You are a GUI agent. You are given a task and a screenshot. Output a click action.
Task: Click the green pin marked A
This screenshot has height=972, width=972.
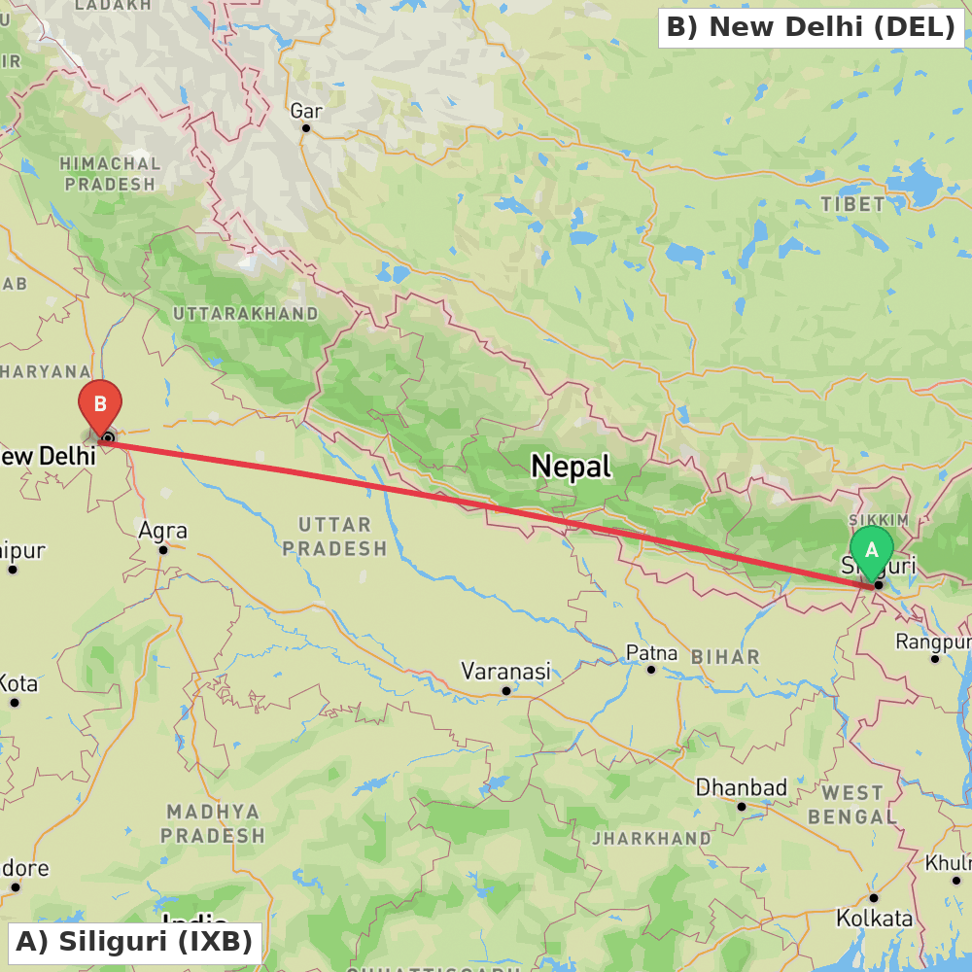[871, 549]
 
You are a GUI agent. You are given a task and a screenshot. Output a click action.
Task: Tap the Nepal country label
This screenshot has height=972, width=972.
[571, 467]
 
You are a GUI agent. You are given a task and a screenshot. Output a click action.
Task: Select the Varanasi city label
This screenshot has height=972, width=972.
[505, 671]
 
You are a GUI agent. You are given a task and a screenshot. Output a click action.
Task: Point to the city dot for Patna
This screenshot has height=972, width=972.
[651, 670]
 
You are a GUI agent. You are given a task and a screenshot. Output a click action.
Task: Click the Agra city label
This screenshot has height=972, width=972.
[162, 531]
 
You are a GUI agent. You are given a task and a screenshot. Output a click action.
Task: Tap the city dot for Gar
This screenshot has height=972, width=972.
[306, 128]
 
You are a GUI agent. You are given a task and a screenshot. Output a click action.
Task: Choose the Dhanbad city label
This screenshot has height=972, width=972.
[741, 786]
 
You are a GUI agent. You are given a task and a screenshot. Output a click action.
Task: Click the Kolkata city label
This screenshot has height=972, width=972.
[874, 918]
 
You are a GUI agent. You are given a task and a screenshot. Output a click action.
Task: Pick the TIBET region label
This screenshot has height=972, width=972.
[852, 204]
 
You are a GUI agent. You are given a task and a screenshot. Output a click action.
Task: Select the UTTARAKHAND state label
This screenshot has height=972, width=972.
[245, 314]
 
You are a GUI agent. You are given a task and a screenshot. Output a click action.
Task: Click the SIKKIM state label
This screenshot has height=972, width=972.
[879, 521]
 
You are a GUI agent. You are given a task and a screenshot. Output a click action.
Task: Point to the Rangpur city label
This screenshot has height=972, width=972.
[933, 642]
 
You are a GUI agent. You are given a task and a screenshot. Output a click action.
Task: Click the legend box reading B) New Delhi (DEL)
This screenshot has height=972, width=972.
[812, 27]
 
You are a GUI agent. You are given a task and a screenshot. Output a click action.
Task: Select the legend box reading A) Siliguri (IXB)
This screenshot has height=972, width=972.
[134, 942]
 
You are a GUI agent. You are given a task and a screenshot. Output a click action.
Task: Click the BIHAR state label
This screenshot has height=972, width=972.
[725, 657]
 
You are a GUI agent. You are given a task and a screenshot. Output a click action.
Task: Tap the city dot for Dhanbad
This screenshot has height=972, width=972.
[742, 806]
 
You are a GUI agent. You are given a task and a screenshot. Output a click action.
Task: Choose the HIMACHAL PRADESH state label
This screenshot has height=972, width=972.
[109, 174]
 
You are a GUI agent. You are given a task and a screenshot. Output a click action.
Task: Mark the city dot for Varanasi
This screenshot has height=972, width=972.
[506, 691]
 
